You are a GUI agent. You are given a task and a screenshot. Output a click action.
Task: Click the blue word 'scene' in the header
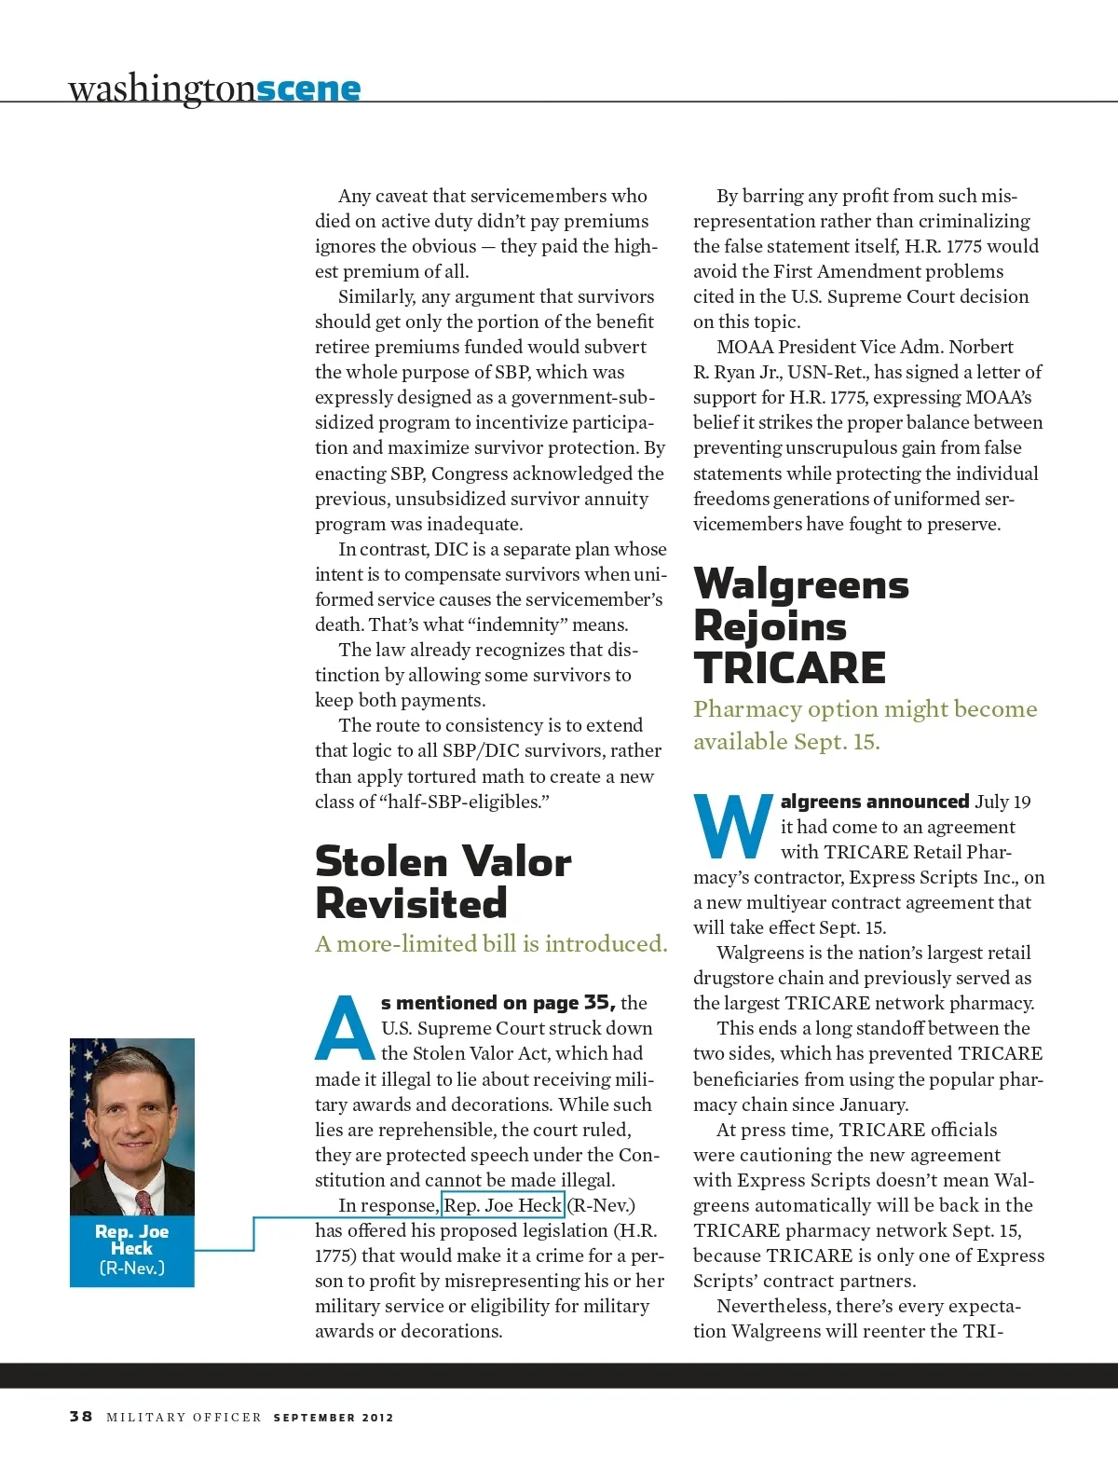tap(307, 89)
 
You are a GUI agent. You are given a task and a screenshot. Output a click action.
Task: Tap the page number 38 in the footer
tap(81, 1416)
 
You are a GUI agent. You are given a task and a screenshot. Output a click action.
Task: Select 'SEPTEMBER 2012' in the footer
tap(334, 1417)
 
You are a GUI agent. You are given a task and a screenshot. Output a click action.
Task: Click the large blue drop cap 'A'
tap(345, 1029)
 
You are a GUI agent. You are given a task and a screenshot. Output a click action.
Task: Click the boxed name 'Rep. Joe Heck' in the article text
tap(502, 1205)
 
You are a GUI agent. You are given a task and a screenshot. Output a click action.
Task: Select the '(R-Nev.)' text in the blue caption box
tap(131, 1268)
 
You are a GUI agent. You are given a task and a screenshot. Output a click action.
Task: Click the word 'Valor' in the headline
tap(516, 861)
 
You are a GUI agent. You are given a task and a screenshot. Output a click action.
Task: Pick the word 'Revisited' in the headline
tap(411, 903)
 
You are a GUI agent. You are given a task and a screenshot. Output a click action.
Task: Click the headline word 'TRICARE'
tap(789, 667)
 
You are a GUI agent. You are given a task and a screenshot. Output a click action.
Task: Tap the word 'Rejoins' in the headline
tap(770, 625)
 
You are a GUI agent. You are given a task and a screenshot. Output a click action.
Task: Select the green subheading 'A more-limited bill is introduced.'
tap(491, 944)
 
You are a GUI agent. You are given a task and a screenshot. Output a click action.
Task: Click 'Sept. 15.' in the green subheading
tap(837, 742)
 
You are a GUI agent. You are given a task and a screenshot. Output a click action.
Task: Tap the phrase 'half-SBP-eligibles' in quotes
tap(464, 802)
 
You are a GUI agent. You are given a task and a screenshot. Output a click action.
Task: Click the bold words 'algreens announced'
tap(874, 802)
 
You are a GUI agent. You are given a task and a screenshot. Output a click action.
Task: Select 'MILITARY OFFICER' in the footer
tap(184, 1417)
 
